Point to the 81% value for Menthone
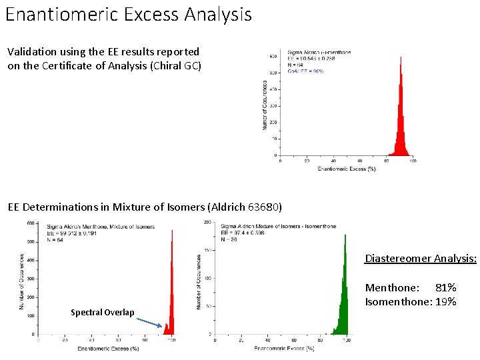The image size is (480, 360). click(445, 287)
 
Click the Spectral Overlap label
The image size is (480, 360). click(102, 313)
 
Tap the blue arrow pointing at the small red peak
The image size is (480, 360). click(150, 322)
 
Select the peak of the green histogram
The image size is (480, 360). click(345, 235)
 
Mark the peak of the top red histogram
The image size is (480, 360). click(400, 59)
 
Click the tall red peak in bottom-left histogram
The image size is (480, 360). click(172, 232)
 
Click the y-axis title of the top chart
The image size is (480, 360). click(265, 105)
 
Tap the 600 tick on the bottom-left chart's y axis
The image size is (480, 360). click(31, 223)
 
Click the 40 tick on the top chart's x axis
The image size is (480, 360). click(333, 161)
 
